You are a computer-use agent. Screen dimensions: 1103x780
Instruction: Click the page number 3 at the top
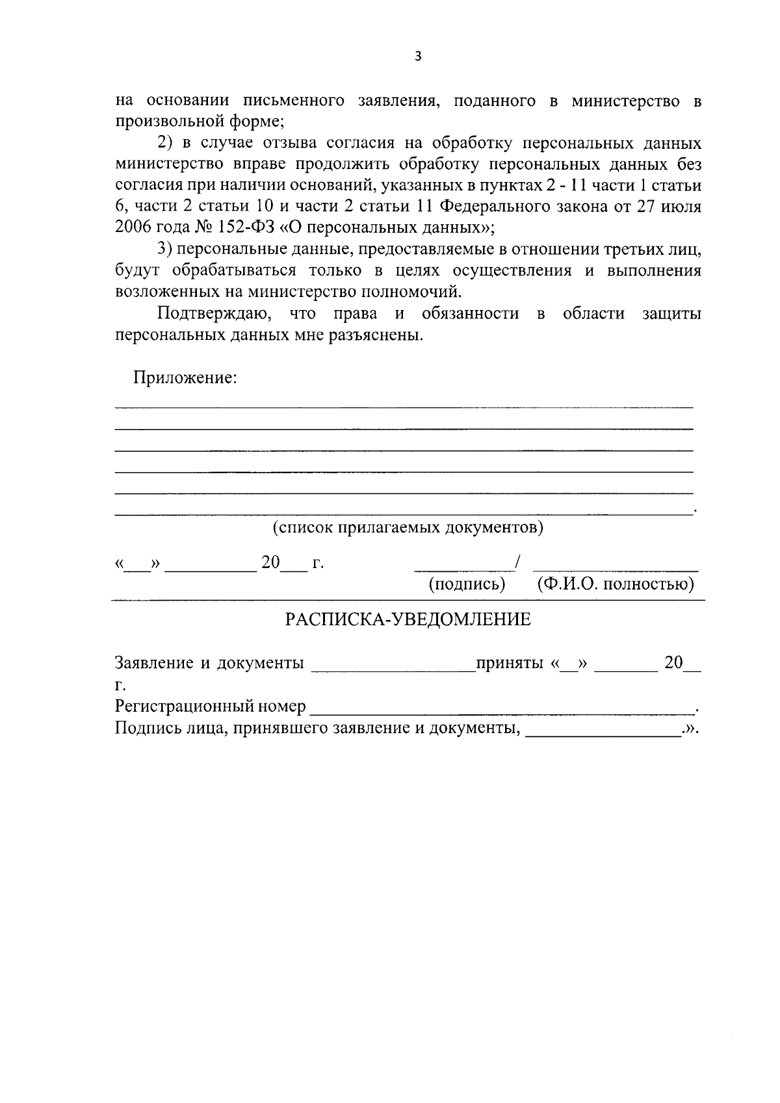418,57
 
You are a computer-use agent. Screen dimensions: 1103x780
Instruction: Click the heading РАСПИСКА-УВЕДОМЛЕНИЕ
408,619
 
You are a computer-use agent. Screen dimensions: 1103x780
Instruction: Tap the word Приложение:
185,378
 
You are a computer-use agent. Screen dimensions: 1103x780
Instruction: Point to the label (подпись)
467,584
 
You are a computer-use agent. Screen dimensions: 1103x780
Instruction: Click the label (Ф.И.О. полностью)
616,584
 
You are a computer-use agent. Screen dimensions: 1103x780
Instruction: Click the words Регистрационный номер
210,707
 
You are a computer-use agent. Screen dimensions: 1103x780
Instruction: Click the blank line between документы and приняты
393,669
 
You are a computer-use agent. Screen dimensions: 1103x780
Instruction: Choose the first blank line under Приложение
404,407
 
